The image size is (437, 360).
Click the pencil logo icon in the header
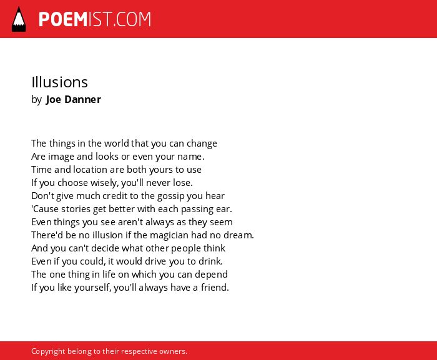(19, 19)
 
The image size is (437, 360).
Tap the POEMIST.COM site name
(95, 19)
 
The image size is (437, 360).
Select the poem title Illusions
(60, 82)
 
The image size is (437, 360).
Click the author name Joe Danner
(74, 99)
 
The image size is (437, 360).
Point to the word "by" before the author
(36, 100)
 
